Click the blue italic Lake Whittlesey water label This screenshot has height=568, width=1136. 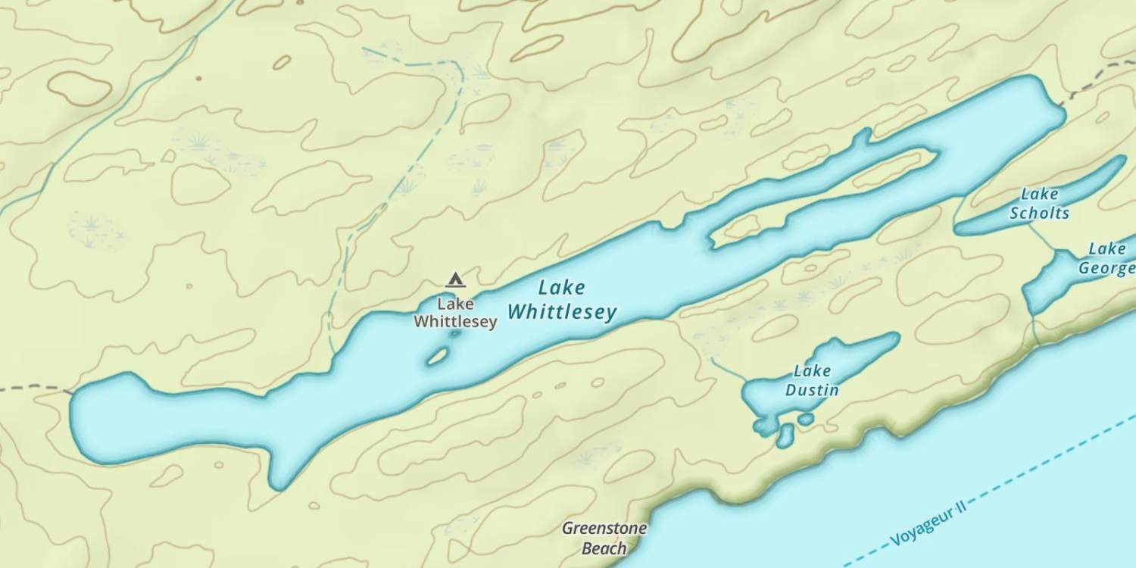click(561, 300)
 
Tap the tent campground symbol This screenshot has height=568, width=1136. click(455, 280)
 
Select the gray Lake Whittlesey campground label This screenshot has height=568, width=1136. click(455, 313)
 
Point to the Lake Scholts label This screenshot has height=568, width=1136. click(1039, 204)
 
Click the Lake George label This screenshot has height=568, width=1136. click(1106, 258)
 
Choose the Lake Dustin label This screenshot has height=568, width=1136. click(812, 381)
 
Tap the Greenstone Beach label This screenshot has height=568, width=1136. click(604, 538)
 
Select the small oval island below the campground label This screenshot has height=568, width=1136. click(437, 356)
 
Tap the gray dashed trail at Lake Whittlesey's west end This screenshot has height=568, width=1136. click(34, 388)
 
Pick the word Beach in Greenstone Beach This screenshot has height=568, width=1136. click(604, 548)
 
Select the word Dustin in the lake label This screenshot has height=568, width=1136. click(812, 391)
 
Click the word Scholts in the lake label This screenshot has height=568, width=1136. click(1039, 213)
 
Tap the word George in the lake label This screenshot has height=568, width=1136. click(1106, 268)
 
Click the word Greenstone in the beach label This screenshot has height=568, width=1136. click(604, 528)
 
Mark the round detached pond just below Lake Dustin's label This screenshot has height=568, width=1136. click(806, 419)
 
